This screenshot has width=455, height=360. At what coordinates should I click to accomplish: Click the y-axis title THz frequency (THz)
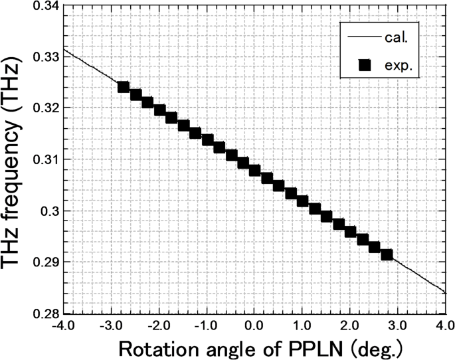pyautogui.click(x=15, y=159)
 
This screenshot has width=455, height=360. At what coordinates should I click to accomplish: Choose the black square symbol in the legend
pyautogui.click(x=363, y=64)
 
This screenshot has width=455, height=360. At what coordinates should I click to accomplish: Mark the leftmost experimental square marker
pyautogui.click(x=123, y=87)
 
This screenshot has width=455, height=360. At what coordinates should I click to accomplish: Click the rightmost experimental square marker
pyautogui.click(x=387, y=254)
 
